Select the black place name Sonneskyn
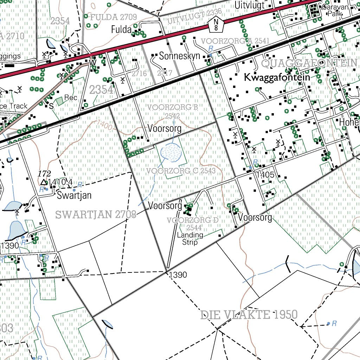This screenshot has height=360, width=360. click(179, 56)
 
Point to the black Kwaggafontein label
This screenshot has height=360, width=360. click(277, 77)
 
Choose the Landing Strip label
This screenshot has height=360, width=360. click(190, 238)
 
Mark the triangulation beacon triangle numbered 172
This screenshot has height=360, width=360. click(44, 182)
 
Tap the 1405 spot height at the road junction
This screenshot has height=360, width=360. click(265, 175)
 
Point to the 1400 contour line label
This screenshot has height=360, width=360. click(104, 124)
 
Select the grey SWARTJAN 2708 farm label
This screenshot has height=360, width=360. click(96, 214)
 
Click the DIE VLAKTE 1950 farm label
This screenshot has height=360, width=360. click(249, 315)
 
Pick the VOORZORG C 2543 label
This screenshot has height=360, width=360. click(181, 171)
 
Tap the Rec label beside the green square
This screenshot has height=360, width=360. click(71, 97)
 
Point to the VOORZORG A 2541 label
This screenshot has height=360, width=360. click(235, 41)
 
